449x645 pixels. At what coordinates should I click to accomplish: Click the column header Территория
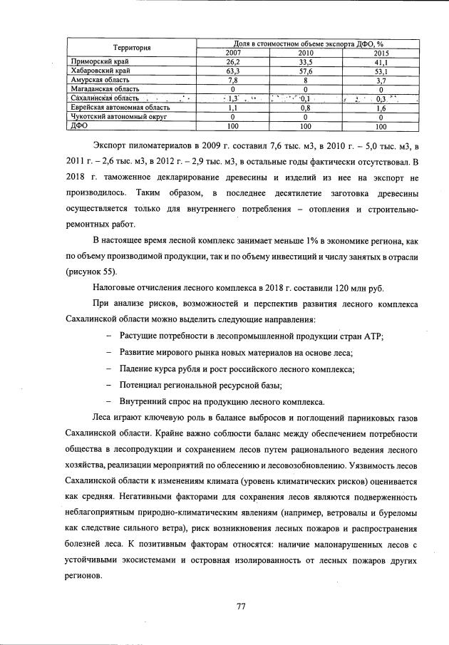point(131,48)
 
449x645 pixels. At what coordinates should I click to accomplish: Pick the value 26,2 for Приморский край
point(232,63)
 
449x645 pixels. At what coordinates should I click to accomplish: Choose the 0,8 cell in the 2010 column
point(306,108)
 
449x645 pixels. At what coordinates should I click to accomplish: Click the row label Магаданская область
point(99,90)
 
